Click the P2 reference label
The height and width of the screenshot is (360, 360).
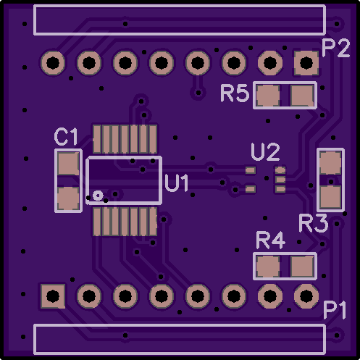coord(336,48)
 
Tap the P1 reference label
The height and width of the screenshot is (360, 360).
coord(335,310)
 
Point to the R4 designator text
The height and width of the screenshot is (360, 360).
coord(270,240)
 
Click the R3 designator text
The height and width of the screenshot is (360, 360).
coord(314,223)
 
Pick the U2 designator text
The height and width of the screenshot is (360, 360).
coord(266,152)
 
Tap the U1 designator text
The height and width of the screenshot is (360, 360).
coord(177,183)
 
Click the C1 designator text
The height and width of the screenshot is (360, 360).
coord(66,137)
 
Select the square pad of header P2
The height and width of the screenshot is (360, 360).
coord(306,63)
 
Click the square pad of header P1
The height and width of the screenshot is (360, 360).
coord(53,296)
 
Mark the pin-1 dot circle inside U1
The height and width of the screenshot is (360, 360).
coord(98,195)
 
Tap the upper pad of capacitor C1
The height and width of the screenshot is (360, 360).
coord(69,164)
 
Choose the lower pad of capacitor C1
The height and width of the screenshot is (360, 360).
coord(69,198)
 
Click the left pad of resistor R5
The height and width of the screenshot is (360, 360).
coord(268,96)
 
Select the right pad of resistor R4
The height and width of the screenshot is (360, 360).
coord(303,267)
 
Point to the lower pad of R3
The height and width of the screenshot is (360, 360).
coord(330,197)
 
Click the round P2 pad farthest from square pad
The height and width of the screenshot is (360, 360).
coord(53,63)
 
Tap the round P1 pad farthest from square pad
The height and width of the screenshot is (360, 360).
coord(306,296)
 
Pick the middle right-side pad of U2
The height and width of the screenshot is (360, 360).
coord(280,180)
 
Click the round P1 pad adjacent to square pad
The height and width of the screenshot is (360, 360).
coord(89,296)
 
